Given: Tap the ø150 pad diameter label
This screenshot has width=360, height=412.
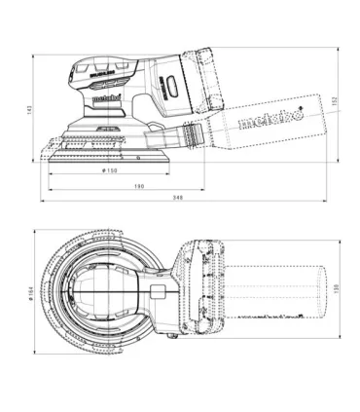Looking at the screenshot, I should point(110,170).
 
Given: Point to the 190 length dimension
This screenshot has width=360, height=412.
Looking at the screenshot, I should point(139,185).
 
